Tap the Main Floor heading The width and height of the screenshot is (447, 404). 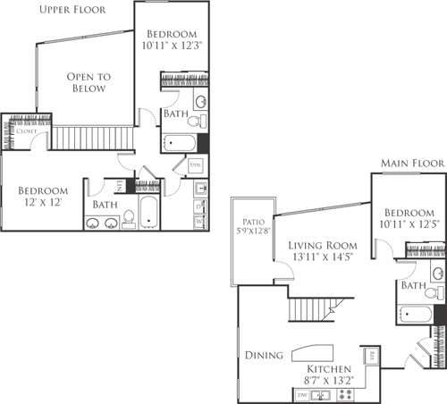tap(410, 164)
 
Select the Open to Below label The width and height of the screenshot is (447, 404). tap(87, 82)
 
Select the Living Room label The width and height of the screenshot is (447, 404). tap(324, 251)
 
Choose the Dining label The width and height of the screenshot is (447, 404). tap(265, 356)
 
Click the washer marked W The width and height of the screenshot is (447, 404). tap(200, 217)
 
